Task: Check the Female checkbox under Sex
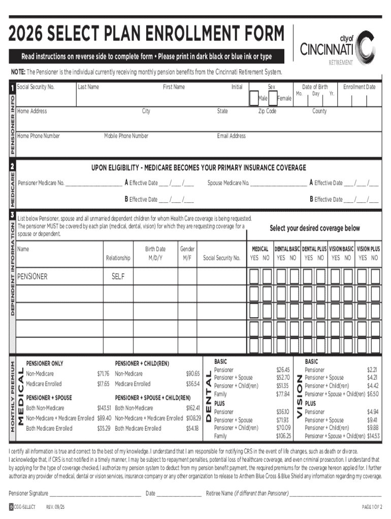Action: point(273,98)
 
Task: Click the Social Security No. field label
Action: point(36,87)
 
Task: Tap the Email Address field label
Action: point(231,136)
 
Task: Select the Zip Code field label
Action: point(267,111)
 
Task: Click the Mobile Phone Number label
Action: point(126,136)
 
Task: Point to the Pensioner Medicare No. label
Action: point(41,183)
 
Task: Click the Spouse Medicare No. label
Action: point(228,183)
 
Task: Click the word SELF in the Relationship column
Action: point(118,277)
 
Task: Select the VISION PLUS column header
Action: point(368,249)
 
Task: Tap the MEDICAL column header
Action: point(260,249)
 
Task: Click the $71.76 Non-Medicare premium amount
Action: point(103,374)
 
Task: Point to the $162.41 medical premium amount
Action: point(192,408)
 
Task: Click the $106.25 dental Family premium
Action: point(283,436)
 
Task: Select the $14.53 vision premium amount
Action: point(373,436)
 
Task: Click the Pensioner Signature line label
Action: point(28,493)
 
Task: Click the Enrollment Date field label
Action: point(360,87)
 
